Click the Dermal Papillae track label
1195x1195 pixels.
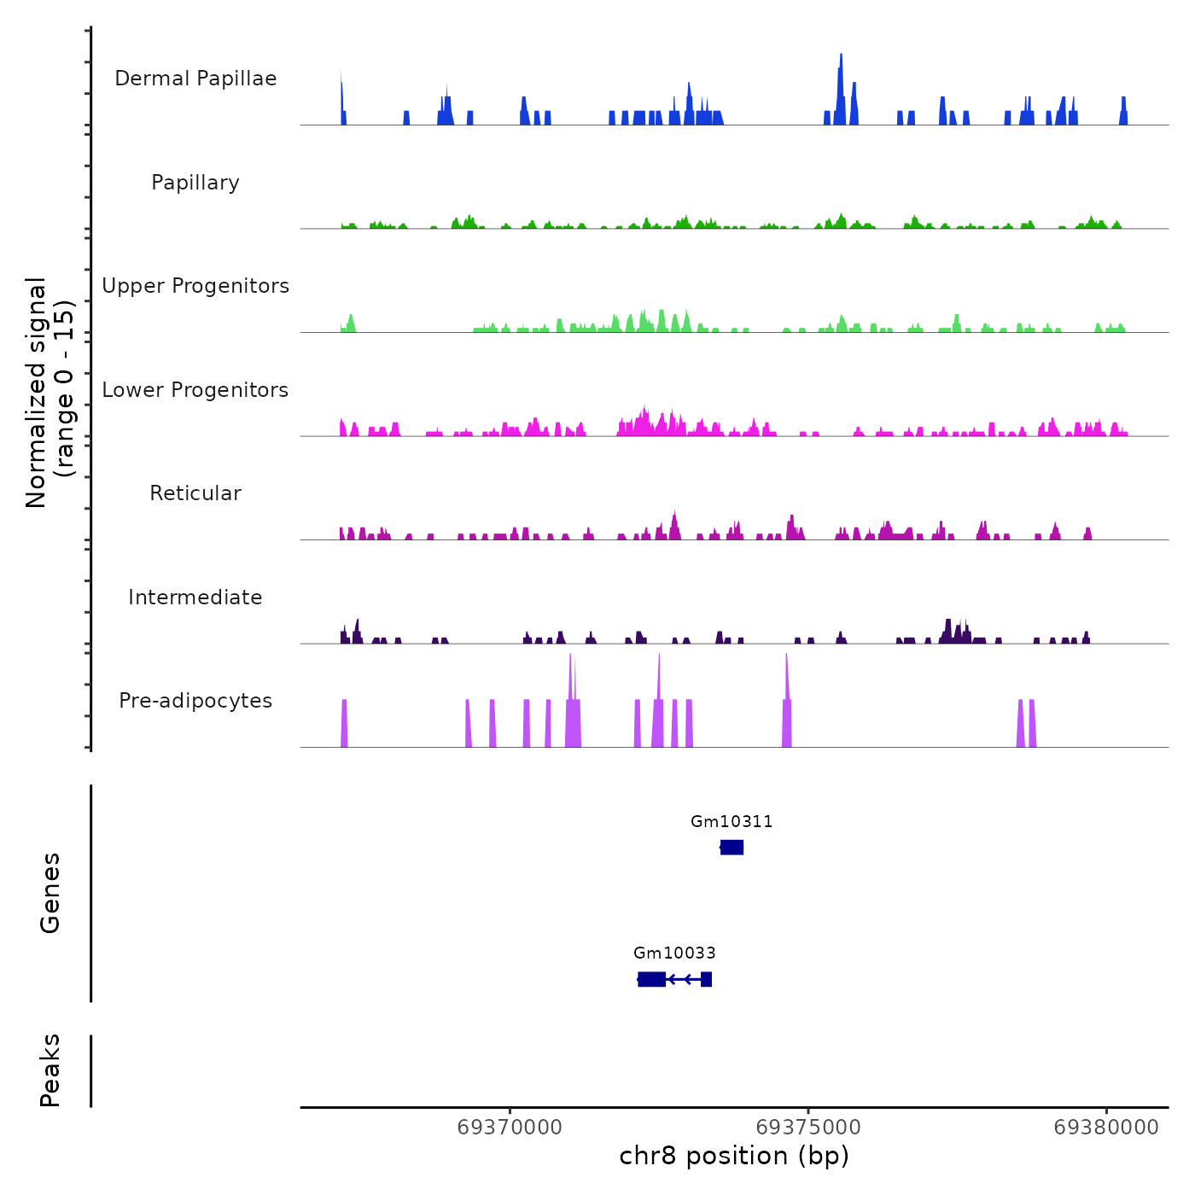point(195,79)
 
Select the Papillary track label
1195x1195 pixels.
point(195,183)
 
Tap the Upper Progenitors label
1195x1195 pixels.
point(195,286)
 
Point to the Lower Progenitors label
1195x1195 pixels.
point(195,390)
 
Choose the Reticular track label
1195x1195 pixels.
point(195,493)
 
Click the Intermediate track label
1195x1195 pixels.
point(195,597)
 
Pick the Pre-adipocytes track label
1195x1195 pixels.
point(195,701)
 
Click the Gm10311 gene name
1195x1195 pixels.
point(732,822)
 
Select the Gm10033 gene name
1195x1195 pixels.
point(674,953)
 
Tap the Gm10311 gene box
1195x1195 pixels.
point(732,848)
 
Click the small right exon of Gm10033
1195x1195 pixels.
point(707,979)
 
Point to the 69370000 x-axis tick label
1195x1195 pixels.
point(510,1128)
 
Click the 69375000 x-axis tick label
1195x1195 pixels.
point(808,1128)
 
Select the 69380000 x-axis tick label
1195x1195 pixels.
point(1106,1128)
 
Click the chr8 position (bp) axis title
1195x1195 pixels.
point(734,1156)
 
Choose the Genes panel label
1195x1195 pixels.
point(50,893)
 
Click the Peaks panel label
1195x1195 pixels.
point(50,1070)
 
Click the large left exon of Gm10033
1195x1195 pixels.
point(652,979)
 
